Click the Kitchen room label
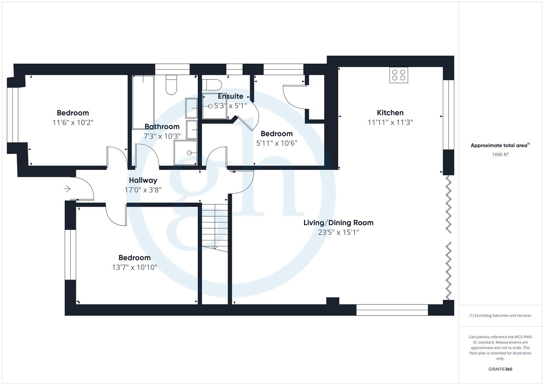[390, 113]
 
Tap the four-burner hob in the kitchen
[399, 75]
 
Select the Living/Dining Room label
[338, 223]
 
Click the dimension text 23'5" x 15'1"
[338, 232]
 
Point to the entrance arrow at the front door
[67, 189]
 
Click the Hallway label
[143, 180]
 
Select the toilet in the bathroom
[171, 84]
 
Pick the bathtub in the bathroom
[143, 102]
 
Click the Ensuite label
[230, 96]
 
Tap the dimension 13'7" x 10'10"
[134, 267]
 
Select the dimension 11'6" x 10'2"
[73, 123]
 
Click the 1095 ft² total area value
[500, 155]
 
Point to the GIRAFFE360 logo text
[500, 369]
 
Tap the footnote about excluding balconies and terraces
[500, 315]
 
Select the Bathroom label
[162, 127]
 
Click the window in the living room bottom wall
[392, 310]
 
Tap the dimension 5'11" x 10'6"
[276, 143]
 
